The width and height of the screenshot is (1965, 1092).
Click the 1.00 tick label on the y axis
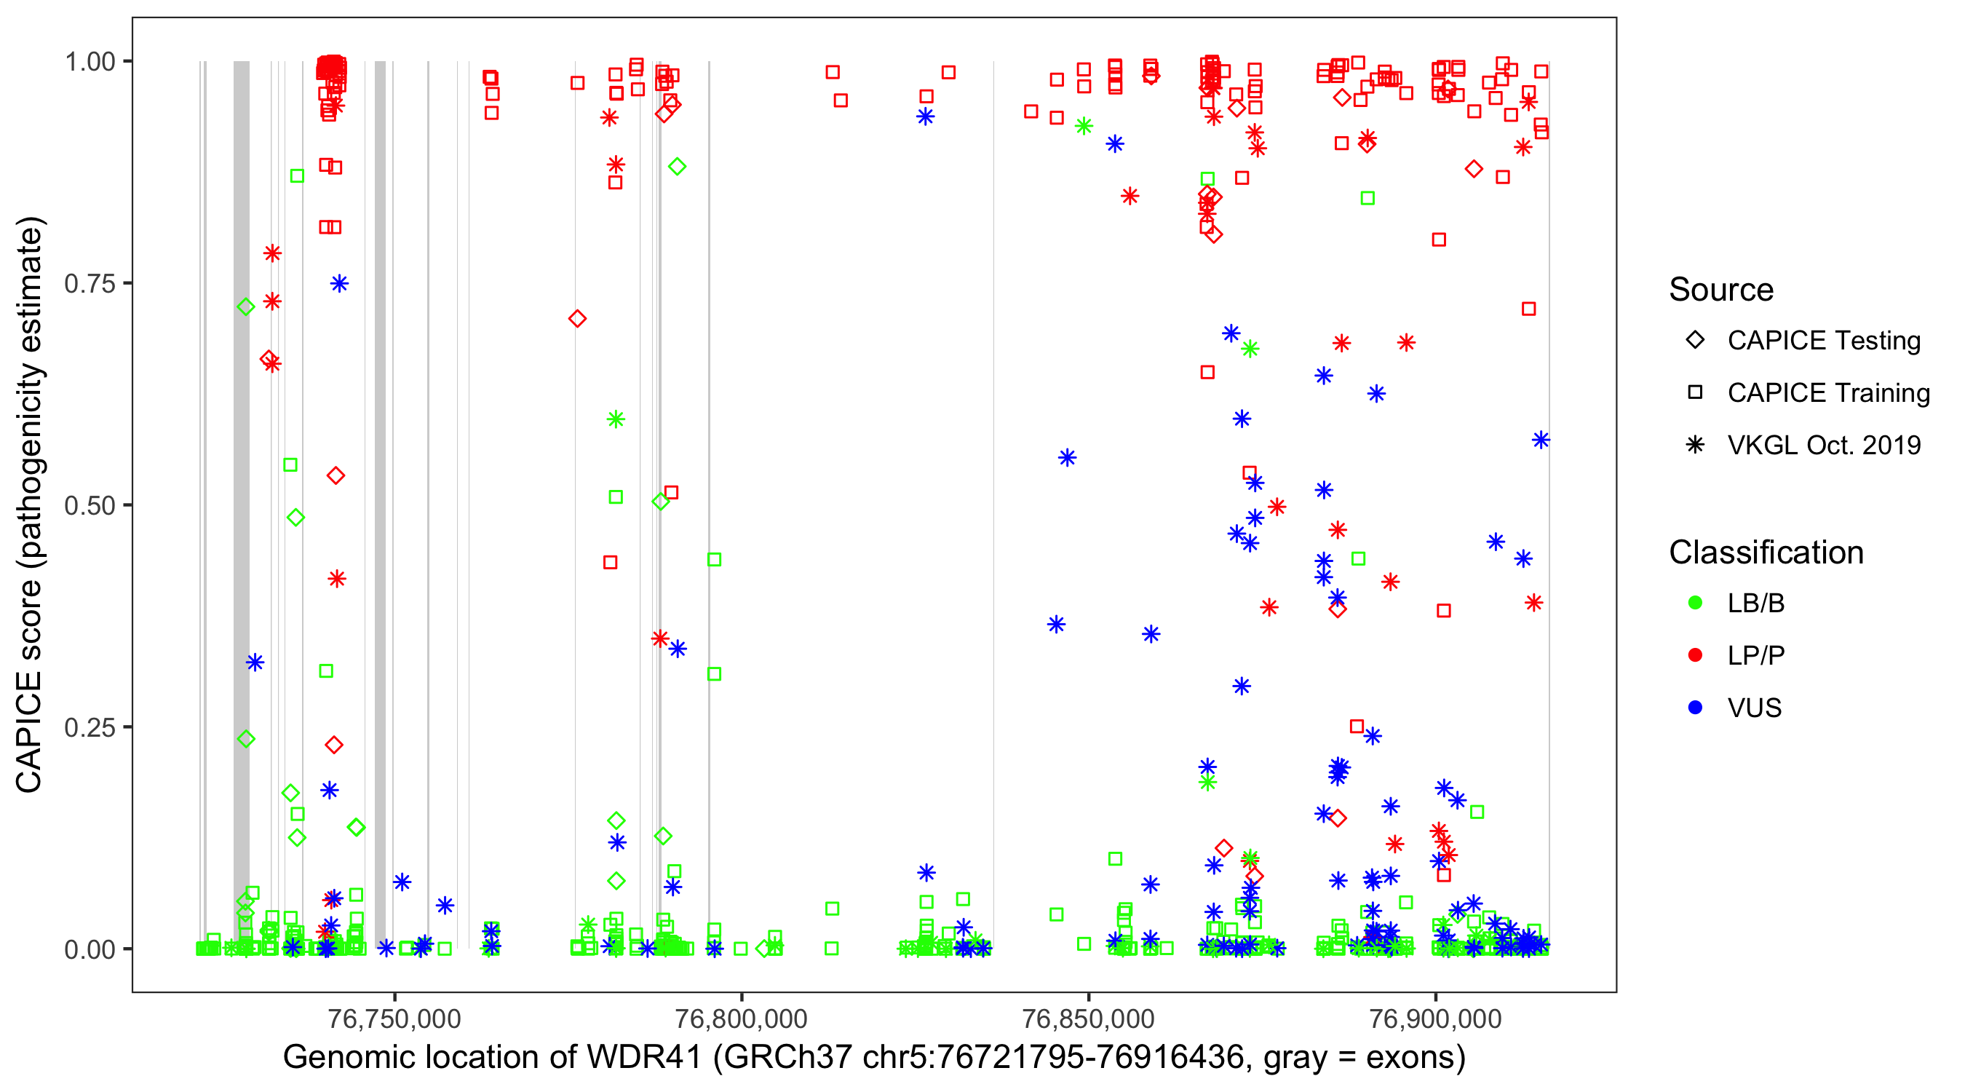90,62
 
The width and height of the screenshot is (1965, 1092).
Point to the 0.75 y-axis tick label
90,284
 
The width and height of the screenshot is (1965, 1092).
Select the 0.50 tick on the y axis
90,505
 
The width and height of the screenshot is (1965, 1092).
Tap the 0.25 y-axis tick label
90,727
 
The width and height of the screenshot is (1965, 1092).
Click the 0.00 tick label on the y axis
90,949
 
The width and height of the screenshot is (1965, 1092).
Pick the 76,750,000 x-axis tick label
394,1018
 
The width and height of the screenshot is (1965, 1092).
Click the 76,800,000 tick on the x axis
742,1018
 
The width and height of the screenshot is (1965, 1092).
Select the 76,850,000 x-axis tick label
1088,1018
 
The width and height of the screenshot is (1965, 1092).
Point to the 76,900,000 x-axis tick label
1436,1018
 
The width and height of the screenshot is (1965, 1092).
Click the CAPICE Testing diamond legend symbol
1695,341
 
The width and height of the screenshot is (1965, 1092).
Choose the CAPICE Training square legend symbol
1695,392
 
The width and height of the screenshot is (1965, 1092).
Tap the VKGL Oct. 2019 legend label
1824,445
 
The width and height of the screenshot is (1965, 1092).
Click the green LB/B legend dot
1695,603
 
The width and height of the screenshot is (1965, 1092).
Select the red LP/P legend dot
1695,655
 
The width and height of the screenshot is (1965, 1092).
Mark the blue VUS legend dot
1695,708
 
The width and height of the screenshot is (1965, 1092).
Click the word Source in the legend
1721,290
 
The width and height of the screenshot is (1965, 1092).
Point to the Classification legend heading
1766,553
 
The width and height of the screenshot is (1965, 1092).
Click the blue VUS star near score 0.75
339,284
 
